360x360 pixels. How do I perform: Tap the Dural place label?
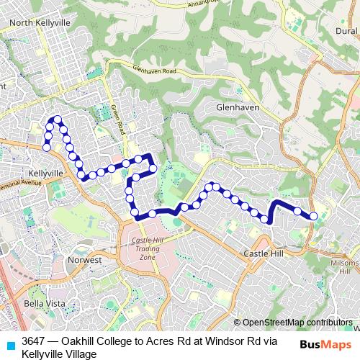pos(346,31)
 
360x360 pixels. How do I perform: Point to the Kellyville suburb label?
pos(48,174)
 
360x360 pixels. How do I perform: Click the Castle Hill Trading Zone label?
pos(147,248)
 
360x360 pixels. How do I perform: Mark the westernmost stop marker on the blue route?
pos(47,148)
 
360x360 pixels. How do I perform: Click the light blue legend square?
pos(9,343)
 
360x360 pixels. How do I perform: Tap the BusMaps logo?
pos(324,344)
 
